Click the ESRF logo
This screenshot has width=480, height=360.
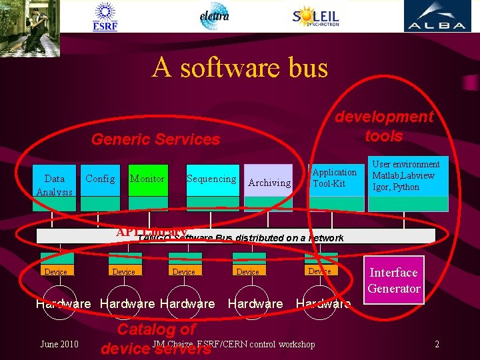point(105,17)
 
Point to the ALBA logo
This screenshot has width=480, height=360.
point(437,17)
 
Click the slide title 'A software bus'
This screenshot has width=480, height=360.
point(239,68)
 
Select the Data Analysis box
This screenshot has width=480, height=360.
point(55,185)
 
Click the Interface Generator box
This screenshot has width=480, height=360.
point(393,280)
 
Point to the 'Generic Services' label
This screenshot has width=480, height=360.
point(155,139)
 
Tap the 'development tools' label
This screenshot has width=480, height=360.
point(384,126)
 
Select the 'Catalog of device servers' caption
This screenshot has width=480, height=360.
point(156,338)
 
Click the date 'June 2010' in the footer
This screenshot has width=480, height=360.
point(59,344)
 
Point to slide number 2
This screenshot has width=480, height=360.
point(437,344)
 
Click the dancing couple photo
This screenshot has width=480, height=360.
point(30,27)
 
